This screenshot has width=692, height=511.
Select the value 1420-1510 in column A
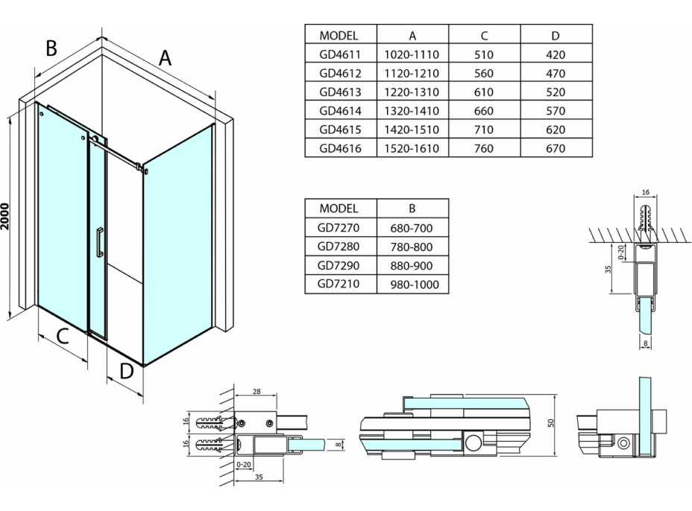pos(412,130)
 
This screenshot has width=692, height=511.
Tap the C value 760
pos(485,148)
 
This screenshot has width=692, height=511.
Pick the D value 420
pos(556,54)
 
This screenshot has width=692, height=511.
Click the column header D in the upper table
pos(556,35)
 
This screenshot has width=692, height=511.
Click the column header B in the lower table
pos(413,209)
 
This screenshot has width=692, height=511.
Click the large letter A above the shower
pos(165,57)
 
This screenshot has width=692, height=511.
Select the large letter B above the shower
pos(51,48)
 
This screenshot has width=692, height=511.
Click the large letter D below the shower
pos(126,369)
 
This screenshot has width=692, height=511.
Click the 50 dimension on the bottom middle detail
pos(551,422)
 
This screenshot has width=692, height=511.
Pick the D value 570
pos(556,111)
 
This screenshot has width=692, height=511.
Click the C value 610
pos(485,92)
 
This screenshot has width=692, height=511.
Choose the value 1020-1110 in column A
pos(412,54)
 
